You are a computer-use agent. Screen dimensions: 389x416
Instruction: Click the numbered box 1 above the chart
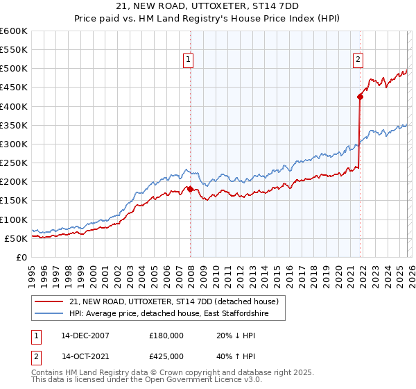click(188, 60)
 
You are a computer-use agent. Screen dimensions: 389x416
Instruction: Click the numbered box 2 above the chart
click(358, 60)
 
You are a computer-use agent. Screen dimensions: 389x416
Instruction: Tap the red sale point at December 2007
click(191, 189)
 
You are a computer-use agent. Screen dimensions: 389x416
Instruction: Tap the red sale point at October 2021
click(361, 97)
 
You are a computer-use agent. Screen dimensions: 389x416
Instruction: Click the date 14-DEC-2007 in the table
click(85, 335)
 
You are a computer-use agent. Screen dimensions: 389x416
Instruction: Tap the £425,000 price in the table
click(166, 356)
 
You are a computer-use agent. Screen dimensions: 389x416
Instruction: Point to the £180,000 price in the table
click(166, 335)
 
